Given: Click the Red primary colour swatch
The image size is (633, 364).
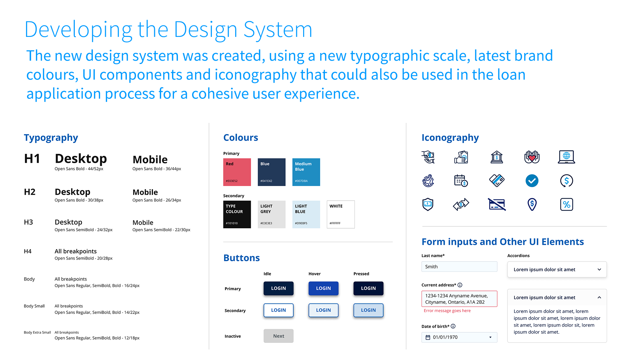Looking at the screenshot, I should [237, 172].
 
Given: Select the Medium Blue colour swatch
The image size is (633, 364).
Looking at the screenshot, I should [306, 172].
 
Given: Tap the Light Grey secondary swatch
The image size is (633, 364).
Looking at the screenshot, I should [272, 214].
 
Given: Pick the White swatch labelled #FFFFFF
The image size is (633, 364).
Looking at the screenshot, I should [341, 214].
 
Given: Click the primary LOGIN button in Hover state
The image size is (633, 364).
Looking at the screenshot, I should [323, 288].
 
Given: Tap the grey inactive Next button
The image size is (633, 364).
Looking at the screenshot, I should [278, 336].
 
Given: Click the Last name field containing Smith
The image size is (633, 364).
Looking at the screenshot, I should [459, 266].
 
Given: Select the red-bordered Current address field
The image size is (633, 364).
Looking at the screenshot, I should [459, 299].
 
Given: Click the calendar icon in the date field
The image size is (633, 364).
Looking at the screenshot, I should [428, 337].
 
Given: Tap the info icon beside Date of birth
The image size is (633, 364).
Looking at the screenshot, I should [453, 326].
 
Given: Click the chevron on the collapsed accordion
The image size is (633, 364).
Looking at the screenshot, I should [599, 269].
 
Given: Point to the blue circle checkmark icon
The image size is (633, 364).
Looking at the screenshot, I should [532, 181].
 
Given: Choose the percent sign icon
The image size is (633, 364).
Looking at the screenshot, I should [566, 205].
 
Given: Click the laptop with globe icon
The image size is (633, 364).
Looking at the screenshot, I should [566, 157].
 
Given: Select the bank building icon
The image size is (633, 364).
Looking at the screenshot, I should [497, 157].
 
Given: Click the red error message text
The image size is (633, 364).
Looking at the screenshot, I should [447, 311].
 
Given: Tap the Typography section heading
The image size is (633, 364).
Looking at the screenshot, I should [51, 137].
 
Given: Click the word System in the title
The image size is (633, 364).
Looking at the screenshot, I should [278, 30].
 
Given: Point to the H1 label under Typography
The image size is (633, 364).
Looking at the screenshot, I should [32, 159].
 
